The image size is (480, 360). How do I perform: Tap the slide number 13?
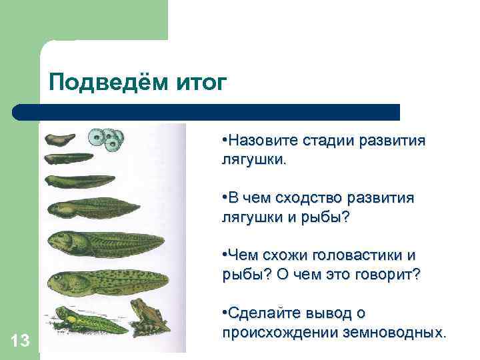21,341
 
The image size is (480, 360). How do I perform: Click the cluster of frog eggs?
107,138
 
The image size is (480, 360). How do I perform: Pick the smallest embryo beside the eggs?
61,139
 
